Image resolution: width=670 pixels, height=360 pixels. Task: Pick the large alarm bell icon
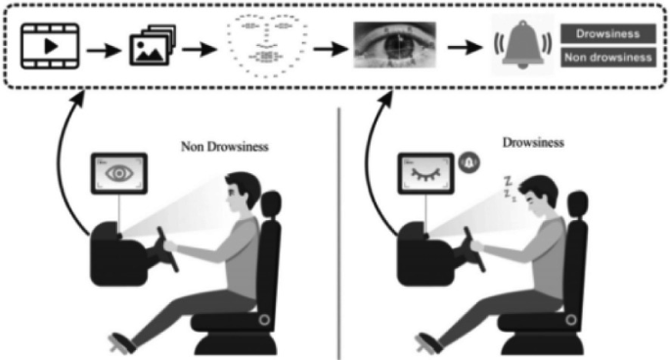tap(517, 45)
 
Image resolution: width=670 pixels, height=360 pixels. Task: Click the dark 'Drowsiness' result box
tap(607, 34)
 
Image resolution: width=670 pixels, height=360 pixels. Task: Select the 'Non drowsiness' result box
tap(607, 57)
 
